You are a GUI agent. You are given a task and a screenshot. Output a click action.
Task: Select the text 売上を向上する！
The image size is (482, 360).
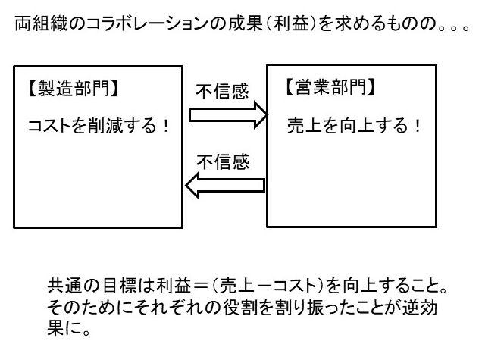[x=355, y=125]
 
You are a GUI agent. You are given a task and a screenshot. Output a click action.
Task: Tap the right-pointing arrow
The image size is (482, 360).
[x=227, y=114]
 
